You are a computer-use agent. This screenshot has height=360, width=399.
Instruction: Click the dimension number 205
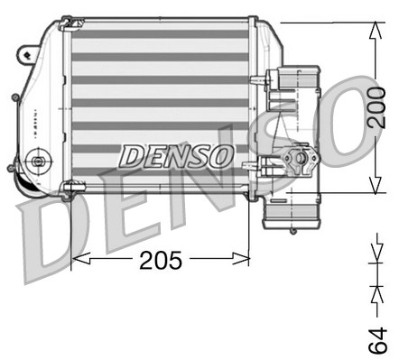click(162, 261)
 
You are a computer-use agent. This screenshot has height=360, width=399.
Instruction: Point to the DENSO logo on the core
click(176, 155)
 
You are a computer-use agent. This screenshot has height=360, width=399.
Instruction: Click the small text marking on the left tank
click(28, 113)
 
